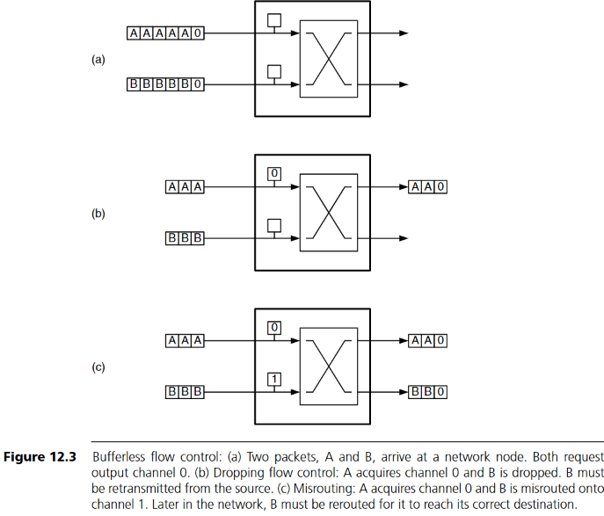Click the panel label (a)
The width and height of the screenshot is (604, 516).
click(98, 60)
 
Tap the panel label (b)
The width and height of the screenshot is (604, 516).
click(98, 213)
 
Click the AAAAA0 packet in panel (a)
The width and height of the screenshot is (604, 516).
click(166, 33)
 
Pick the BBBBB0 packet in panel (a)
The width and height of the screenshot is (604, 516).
click(166, 84)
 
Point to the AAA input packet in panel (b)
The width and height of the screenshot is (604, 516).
click(186, 186)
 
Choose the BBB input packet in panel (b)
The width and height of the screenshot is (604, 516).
click(186, 237)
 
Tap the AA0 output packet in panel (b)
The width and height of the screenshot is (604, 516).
click(428, 186)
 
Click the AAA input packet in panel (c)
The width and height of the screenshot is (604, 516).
click(186, 340)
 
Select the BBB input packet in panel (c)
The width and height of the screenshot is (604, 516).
click(186, 391)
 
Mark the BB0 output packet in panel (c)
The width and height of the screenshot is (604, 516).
click(428, 391)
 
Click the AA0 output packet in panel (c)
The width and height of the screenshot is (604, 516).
click(428, 340)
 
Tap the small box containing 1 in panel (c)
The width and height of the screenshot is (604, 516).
click(273, 380)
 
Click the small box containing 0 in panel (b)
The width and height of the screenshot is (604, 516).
click(273, 174)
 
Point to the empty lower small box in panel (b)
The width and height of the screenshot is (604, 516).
click(273, 225)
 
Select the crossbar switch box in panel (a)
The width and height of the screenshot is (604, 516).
click(329, 59)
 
